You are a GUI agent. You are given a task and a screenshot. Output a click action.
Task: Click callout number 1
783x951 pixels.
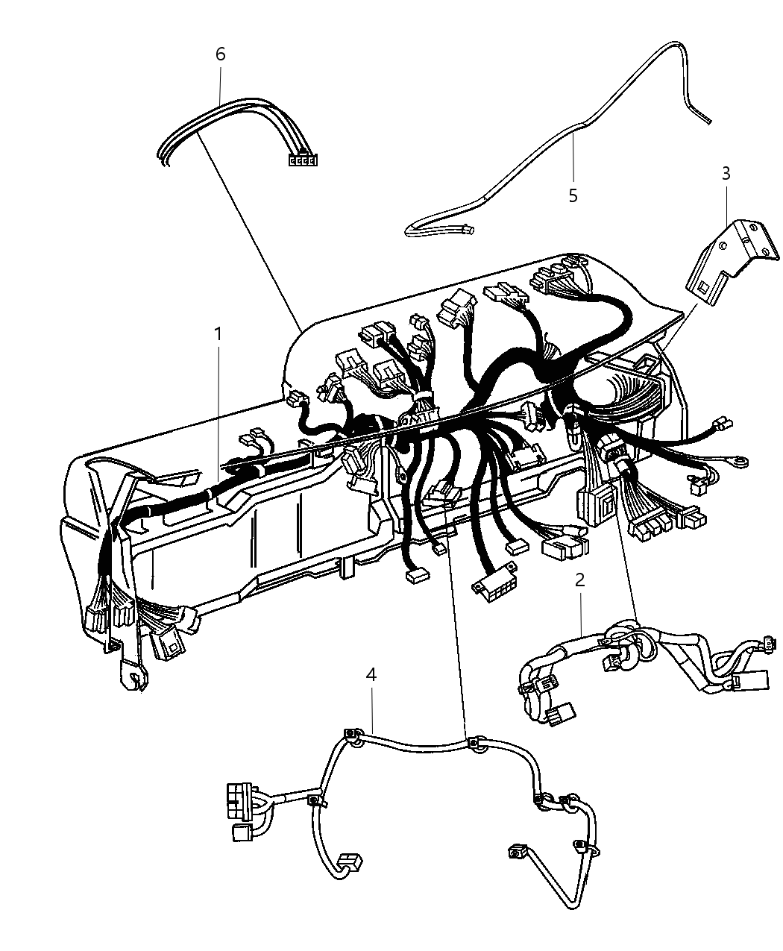(x=218, y=334)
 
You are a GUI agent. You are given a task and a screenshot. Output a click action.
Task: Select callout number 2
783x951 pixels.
(x=579, y=580)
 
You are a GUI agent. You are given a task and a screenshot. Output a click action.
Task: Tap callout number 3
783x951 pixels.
(x=726, y=173)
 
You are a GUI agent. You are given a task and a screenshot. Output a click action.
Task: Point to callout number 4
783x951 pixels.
(x=371, y=675)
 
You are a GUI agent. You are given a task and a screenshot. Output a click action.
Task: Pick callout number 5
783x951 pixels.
(x=573, y=195)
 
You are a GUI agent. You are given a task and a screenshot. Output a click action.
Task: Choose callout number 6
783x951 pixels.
(x=220, y=54)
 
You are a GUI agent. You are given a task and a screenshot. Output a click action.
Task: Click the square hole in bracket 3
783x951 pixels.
(x=703, y=286)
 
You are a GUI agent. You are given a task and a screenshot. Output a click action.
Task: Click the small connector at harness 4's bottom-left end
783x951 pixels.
(x=350, y=862)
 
